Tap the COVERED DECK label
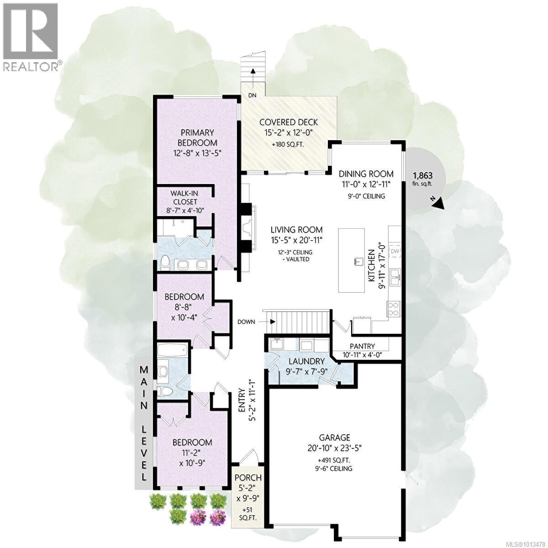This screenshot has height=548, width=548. (x=288, y=122)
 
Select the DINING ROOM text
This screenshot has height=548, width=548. (x=366, y=174)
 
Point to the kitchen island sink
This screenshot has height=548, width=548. (x=357, y=261)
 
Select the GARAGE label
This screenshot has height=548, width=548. (x=335, y=437)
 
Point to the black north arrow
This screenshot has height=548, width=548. (x=439, y=203)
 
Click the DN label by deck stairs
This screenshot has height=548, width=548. (x=253, y=95)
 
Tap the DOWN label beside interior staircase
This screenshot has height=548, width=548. (x=246, y=321)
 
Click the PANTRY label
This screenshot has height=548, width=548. (x=362, y=346)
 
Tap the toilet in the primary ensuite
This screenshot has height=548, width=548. (x=165, y=262)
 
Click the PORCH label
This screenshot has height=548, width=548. (x=248, y=478)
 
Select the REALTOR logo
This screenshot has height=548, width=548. (x=31, y=37)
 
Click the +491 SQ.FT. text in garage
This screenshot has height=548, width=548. (x=334, y=460)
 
